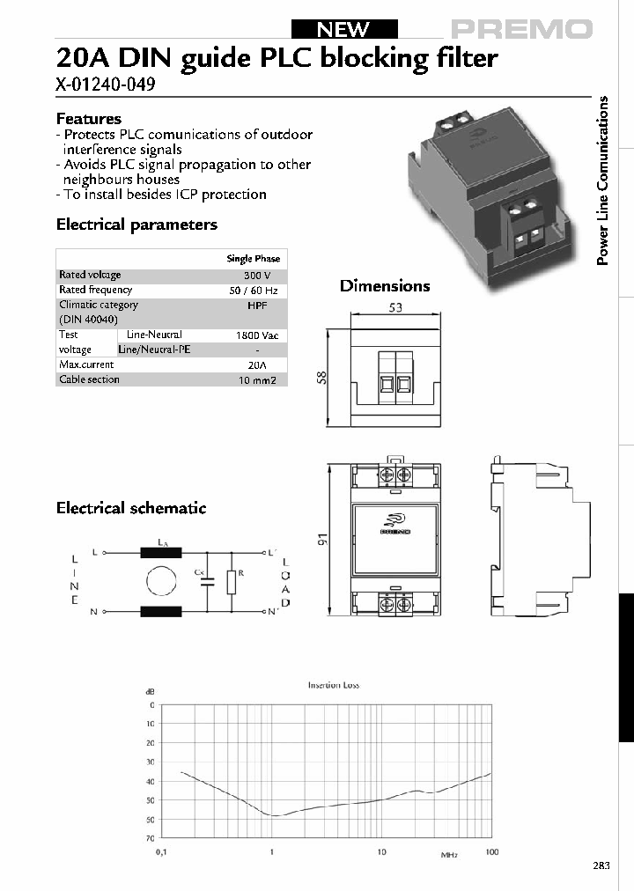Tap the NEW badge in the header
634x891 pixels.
click(x=343, y=29)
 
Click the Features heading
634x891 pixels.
click(x=89, y=119)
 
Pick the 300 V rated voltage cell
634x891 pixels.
click(x=254, y=275)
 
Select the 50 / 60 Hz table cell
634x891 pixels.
click(x=254, y=290)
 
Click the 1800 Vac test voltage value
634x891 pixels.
click(x=254, y=335)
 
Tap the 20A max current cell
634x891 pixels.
click(x=254, y=364)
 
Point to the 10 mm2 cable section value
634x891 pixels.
click(x=254, y=380)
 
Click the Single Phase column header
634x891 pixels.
click(x=254, y=259)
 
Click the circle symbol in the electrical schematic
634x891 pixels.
click(x=161, y=583)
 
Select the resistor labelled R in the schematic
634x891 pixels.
click(x=231, y=582)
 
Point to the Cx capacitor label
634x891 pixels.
click(x=200, y=572)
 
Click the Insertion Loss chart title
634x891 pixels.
click(x=333, y=685)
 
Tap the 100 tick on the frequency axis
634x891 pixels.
click(x=492, y=852)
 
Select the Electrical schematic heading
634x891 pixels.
click(x=131, y=508)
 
